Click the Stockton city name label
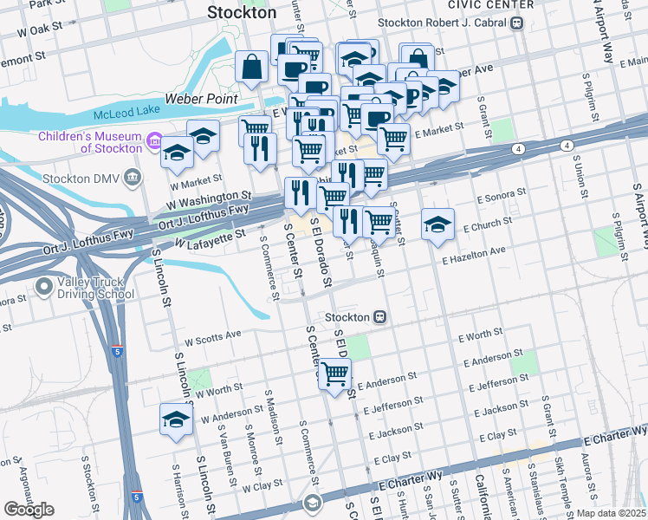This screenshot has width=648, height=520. point(242,13)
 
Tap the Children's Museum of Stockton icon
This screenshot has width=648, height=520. point(155,140)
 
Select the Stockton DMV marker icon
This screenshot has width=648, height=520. point(133,179)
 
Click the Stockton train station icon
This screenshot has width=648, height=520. point(379,317)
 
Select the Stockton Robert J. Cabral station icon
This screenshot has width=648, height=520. point(517,23)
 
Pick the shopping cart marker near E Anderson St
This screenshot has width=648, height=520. point(334,374)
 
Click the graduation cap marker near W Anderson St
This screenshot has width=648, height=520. point(176,419)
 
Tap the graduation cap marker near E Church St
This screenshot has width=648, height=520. point(437,224)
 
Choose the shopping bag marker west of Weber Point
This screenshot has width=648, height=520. point(251,66)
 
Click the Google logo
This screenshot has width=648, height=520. point(29,510)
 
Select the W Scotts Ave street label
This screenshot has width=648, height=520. point(212,335)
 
